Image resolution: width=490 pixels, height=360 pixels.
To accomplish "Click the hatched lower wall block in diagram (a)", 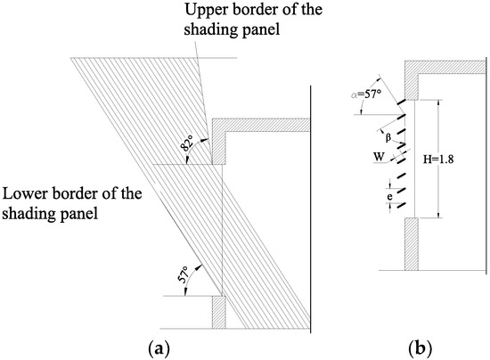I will tap(218, 313).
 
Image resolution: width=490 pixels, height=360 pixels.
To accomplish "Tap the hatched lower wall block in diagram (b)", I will tap(412, 242).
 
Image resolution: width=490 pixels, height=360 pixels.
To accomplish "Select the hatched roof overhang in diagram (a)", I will tap(258, 124).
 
